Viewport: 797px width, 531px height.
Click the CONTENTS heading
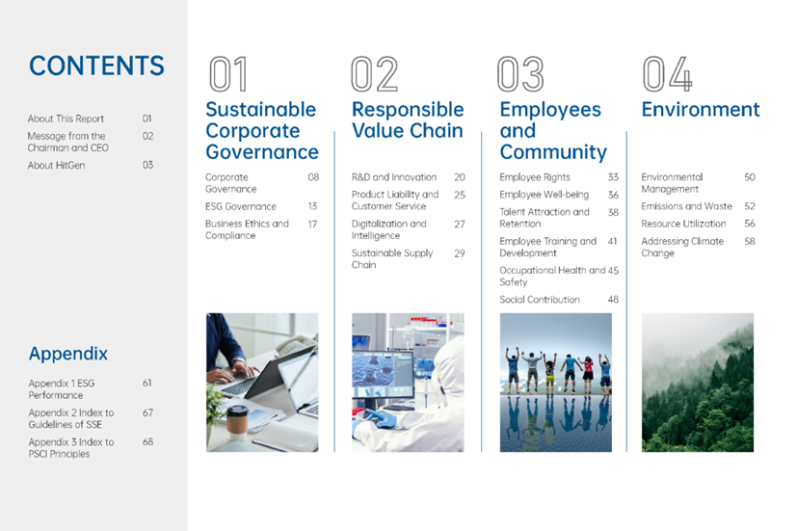tap(96, 66)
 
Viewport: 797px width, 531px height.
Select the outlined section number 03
tap(520, 74)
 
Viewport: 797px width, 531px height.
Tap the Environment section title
tap(701, 109)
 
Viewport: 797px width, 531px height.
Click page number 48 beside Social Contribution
tap(613, 300)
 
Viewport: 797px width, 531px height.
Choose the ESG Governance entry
tap(241, 206)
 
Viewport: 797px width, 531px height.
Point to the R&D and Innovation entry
tap(394, 177)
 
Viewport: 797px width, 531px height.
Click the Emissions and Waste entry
tap(686, 206)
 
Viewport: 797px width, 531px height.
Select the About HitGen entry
tap(57, 165)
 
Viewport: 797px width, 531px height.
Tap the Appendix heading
tap(68, 354)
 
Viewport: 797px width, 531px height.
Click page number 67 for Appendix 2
tap(147, 412)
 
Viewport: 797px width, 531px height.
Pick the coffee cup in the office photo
tap(237, 423)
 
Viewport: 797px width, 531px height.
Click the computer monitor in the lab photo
tap(384, 375)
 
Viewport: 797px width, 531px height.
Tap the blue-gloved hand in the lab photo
tap(379, 418)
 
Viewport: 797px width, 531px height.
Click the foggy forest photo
tap(698, 383)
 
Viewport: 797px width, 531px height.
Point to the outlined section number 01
tap(228, 74)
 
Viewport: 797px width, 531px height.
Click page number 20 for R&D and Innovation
tap(460, 177)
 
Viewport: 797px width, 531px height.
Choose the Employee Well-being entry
tap(544, 195)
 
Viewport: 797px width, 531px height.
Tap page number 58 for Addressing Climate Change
tap(750, 241)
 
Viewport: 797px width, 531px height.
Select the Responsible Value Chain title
tap(408, 119)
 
